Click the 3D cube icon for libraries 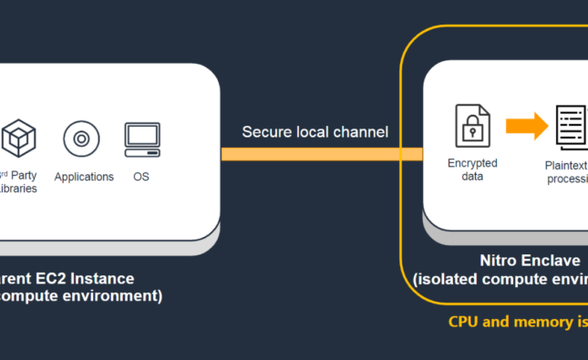(x=18, y=139)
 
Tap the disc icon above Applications (x=81, y=139)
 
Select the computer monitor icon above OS (x=142, y=138)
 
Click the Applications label (x=84, y=177)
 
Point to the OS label (x=141, y=177)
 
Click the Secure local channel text (x=315, y=132)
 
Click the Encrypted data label (x=471, y=170)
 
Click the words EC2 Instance (x=91, y=278)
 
